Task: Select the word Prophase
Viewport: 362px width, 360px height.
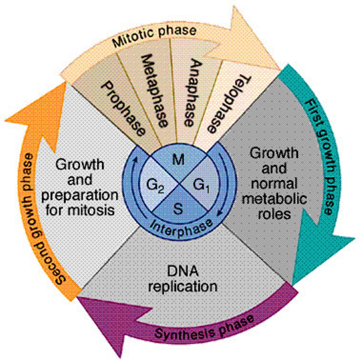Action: [x=123, y=108]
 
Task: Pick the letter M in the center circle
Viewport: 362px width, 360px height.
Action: [x=179, y=160]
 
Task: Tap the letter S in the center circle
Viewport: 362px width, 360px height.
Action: [x=178, y=209]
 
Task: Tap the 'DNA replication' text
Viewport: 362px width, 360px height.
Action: [x=183, y=279]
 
